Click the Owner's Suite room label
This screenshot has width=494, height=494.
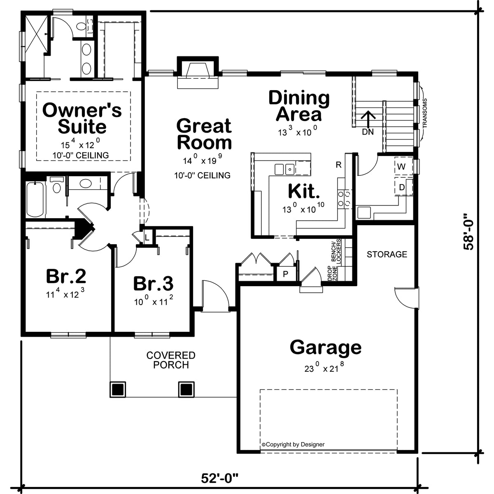click(x=82, y=119)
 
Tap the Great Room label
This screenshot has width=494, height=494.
click(x=204, y=134)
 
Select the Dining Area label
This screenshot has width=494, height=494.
click(x=299, y=106)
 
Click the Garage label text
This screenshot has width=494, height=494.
click(x=326, y=347)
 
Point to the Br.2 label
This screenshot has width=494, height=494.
click(x=66, y=276)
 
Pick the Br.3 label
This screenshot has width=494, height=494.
click(x=153, y=284)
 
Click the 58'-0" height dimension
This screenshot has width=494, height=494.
click(x=469, y=232)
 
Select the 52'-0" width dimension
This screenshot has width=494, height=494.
click(x=220, y=478)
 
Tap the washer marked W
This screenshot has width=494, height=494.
click(x=401, y=167)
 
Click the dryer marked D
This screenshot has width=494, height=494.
click(x=402, y=188)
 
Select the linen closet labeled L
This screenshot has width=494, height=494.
click(x=147, y=238)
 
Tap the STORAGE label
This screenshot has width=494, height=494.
click(x=387, y=254)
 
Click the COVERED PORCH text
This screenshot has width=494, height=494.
click(x=171, y=360)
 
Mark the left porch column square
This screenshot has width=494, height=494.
click(x=117, y=389)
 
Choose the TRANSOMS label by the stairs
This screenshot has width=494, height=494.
click(x=424, y=114)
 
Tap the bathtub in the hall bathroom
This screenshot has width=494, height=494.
click(x=35, y=200)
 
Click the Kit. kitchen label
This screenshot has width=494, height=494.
click(x=304, y=191)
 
